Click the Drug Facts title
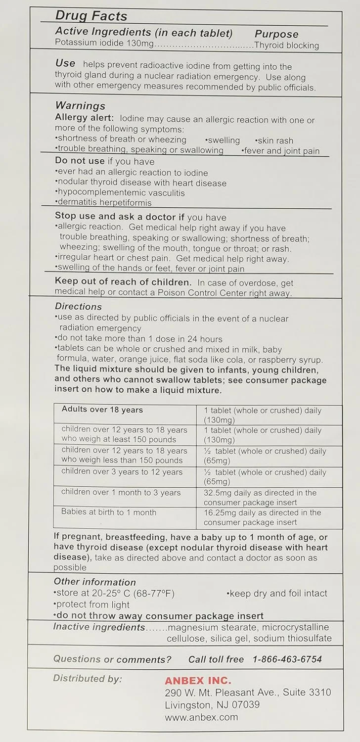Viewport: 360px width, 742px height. (91, 16)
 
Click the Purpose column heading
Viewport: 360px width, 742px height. (276, 34)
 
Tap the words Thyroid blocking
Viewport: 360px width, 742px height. (286, 46)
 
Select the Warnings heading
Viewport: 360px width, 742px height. (80, 106)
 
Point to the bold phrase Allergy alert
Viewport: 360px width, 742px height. (84, 120)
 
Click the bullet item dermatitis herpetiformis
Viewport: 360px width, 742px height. (103, 203)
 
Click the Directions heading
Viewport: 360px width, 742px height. (78, 307)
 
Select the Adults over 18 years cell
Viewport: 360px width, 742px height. (102, 410)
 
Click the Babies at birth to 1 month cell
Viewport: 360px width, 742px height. (109, 512)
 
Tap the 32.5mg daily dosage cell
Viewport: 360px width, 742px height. (260, 497)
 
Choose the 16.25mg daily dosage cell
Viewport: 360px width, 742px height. (262, 517)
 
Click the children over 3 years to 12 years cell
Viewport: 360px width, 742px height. (122, 472)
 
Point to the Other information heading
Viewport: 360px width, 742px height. (94, 582)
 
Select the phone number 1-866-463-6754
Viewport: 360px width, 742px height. (287, 659)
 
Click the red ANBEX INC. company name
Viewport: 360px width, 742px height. (198, 681)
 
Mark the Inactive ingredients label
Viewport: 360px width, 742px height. (99, 627)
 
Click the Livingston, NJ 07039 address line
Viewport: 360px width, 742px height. (212, 704)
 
